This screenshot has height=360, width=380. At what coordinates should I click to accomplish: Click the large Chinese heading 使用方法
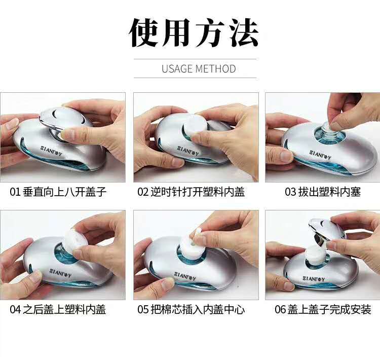coord(194,33)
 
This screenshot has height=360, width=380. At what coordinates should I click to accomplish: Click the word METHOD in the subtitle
coord(216,69)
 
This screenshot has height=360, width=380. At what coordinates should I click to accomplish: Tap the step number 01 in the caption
coord(15,192)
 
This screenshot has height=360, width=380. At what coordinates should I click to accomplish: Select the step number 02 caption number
coord(143,192)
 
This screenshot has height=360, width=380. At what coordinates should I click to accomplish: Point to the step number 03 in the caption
coord(290,192)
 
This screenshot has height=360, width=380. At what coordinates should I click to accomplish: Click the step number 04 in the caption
coord(15,310)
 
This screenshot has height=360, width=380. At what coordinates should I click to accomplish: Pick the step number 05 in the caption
coord(143,310)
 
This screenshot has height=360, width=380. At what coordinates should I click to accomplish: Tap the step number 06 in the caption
coord(280,310)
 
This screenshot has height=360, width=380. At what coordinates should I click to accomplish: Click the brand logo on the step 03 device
coord(320,155)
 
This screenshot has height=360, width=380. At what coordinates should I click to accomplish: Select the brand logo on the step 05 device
coord(185,276)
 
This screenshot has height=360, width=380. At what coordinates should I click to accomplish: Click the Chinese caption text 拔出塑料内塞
coord(330,192)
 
